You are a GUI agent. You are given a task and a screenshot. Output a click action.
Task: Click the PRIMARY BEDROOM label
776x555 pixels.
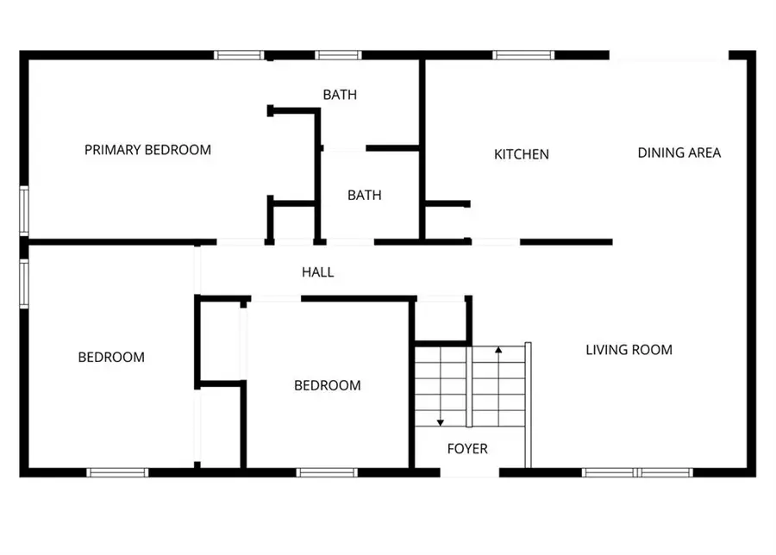pyautogui.click(x=147, y=150)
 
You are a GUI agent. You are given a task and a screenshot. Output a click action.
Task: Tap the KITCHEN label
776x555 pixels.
pyautogui.click(x=521, y=154)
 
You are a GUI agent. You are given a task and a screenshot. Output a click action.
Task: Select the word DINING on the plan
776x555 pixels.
pyautogui.click(x=659, y=153)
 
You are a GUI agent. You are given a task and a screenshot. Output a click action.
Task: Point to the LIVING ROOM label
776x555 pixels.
pyautogui.click(x=629, y=349)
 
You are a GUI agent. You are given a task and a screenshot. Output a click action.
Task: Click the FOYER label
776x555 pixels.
pyautogui.click(x=466, y=448)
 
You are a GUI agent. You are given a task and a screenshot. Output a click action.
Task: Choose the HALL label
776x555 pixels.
pyautogui.click(x=317, y=271)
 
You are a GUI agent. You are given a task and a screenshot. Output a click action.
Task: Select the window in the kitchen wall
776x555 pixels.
pyautogui.click(x=523, y=55)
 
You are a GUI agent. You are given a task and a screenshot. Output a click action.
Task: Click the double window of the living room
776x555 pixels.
pyautogui.click(x=638, y=472)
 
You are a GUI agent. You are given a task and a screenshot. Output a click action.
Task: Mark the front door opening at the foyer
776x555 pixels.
pyautogui.click(x=470, y=472)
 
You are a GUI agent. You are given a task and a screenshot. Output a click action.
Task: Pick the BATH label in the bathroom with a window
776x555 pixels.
pyautogui.click(x=340, y=94)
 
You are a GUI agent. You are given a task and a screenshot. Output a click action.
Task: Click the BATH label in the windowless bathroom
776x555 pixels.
pyautogui.click(x=364, y=195)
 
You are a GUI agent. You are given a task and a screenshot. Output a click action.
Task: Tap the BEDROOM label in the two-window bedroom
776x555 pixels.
pyautogui.click(x=111, y=357)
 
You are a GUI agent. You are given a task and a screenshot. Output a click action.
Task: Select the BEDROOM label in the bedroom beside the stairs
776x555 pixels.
pyautogui.click(x=327, y=385)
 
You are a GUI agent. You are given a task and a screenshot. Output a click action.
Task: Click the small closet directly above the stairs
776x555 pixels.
pyautogui.click(x=441, y=321)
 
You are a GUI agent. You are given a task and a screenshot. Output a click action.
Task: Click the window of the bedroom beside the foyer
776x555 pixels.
pyautogui.click(x=327, y=472)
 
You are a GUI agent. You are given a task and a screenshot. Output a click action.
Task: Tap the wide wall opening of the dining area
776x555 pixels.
pyautogui.click(x=669, y=55)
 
